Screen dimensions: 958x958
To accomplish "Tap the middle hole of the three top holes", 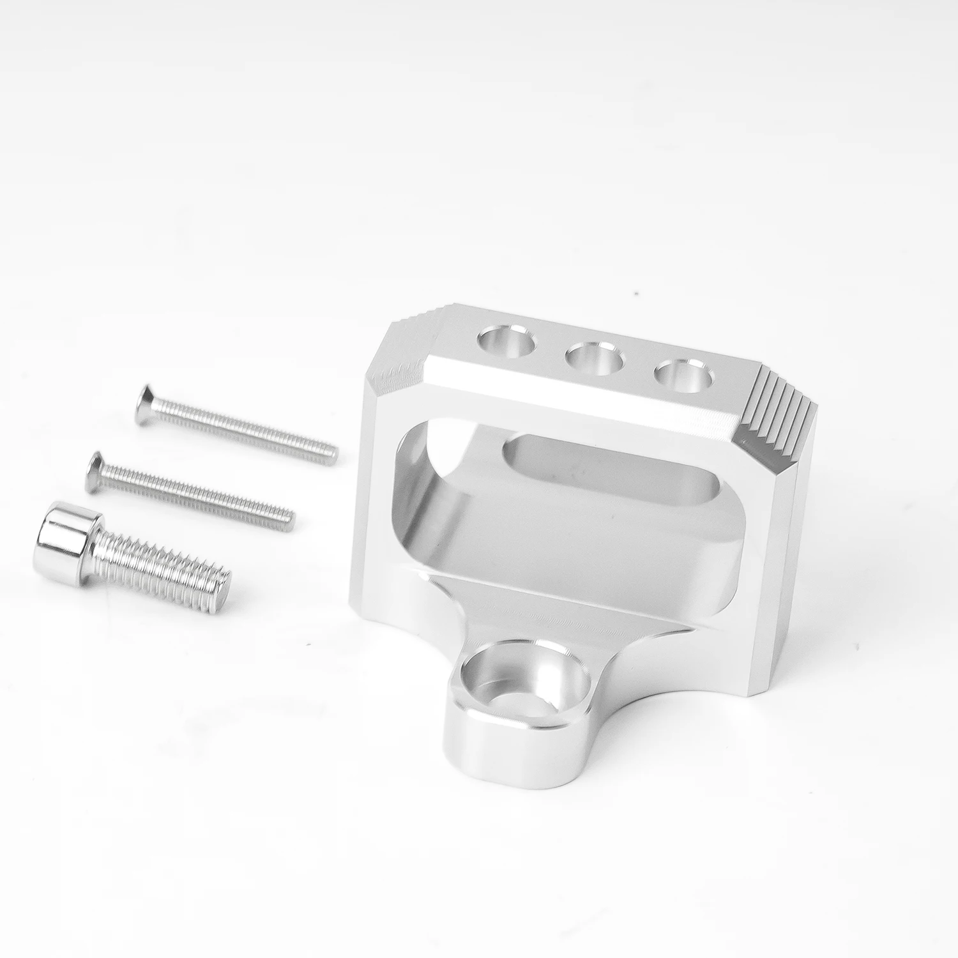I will point(593,356).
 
